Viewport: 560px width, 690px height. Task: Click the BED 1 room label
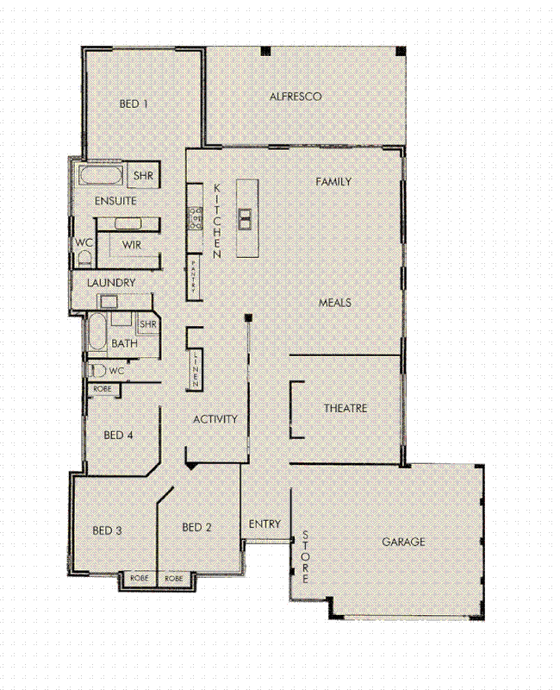(134, 103)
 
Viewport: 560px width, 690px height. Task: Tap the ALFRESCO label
(296, 97)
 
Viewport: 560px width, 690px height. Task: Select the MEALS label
(335, 303)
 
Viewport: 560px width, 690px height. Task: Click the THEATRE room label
(345, 408)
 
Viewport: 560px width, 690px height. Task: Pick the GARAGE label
(404, 543)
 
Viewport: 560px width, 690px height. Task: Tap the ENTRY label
(265, 524)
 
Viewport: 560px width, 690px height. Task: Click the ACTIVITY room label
(215, 419)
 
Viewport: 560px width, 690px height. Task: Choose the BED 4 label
(118, 436)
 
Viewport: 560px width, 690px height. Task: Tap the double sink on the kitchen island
(245, 218)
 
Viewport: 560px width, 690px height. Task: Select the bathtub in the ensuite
(102, 177)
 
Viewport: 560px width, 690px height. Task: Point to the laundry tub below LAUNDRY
(109, 300)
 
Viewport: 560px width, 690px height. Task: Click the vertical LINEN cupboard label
(196, 367)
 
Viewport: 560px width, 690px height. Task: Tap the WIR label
(132, 245)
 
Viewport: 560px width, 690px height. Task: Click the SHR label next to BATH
(148, 324)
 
